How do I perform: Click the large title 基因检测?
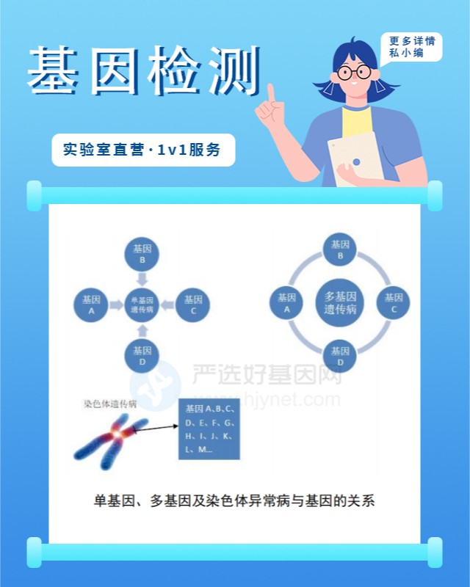click(x=144, y=73)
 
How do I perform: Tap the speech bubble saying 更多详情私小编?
click(x=411, y=47)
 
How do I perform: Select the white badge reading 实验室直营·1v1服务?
click(x=143, y=150)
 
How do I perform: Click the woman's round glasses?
click(x=354, y=73)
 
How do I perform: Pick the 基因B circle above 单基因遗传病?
click(x=142, y=253)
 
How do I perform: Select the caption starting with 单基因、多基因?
click(x=234, y=501)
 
